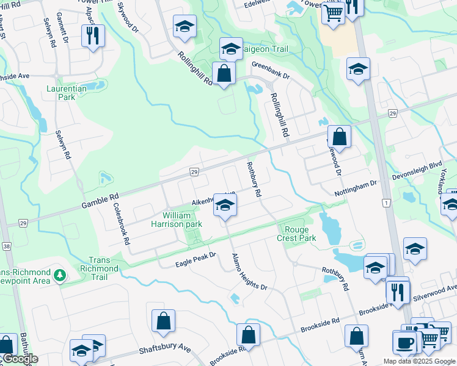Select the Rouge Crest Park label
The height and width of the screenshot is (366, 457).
(x=300, y=234)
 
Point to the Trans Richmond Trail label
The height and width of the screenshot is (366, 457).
(x=99, y=268)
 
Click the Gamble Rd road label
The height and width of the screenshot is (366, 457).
(x=100, y=199)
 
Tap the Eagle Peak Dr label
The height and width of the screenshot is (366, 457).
(x=196, y=259)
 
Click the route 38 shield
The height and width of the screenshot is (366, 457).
(x=6, y=246)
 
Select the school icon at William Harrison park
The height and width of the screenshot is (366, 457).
(x=225, y=205)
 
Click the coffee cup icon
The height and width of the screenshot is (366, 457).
(x=405, y=342)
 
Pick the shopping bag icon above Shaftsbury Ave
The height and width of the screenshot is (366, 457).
(x=164, y=320)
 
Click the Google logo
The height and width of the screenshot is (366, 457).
(x=20, y=359)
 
